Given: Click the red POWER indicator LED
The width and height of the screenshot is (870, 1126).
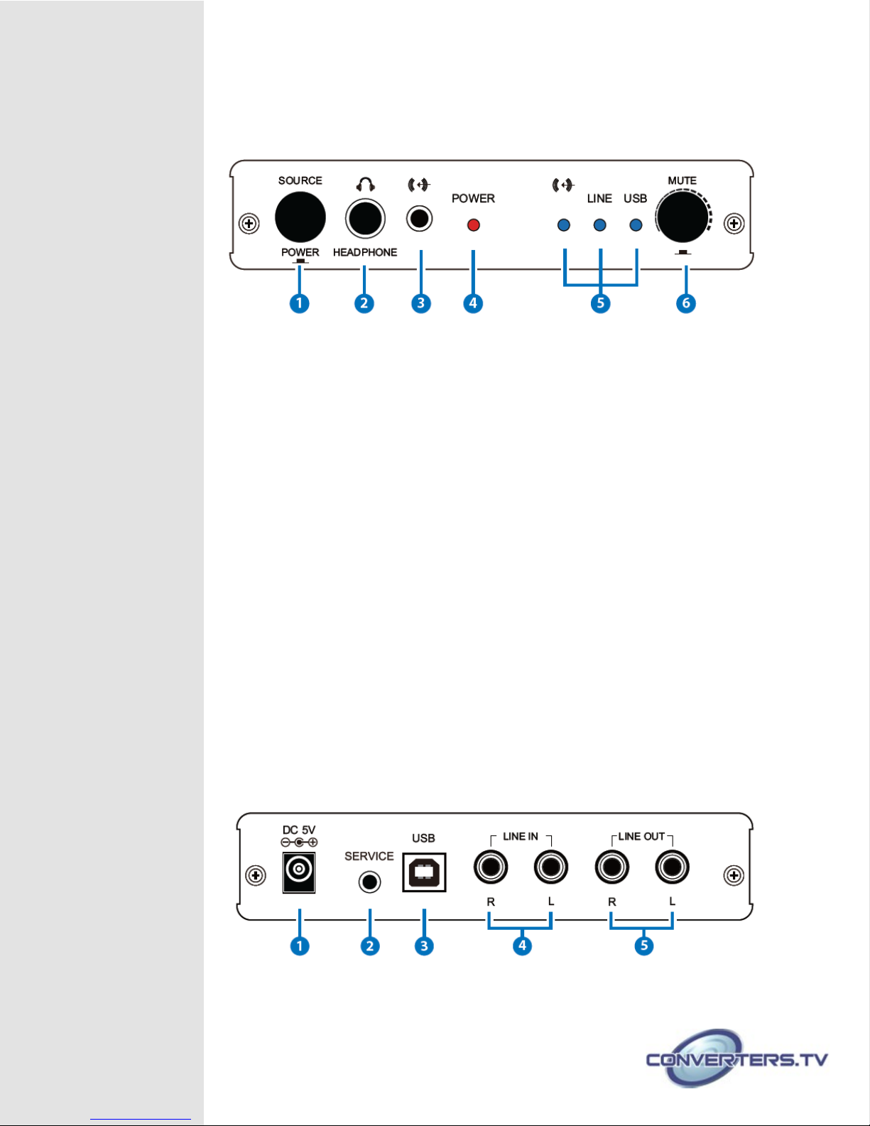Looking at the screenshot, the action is [473, 225].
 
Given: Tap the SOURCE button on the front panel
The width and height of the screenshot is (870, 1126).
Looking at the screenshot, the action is [300, 217].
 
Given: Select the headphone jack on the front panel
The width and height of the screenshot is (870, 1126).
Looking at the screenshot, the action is [365, 219].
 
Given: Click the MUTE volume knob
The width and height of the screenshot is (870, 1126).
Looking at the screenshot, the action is [682, 217].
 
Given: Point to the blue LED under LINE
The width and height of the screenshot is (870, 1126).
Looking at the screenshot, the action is [599, 225].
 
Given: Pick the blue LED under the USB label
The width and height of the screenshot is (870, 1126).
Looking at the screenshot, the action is [636, 225].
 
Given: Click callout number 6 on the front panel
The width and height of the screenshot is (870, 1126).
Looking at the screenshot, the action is [686, 303].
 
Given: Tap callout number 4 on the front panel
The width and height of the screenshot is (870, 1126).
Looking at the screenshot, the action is [473, 303].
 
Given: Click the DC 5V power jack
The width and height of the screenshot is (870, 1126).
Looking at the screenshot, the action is [299, 872].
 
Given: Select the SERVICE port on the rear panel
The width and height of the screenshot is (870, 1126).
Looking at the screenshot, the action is [370, 882].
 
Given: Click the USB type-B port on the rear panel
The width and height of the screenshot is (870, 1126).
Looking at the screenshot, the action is [424, 872].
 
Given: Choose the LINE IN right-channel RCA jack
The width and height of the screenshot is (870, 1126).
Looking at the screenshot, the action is [491, 867].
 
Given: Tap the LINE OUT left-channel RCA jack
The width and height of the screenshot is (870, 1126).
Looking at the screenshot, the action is [672, 867].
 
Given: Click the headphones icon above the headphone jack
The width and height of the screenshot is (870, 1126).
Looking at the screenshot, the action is [366, 185].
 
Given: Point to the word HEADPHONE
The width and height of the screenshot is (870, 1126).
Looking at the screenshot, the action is [365, 252].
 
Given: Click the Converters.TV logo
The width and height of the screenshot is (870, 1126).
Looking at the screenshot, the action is [737, 1059].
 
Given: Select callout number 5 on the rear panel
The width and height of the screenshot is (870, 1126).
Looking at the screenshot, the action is [644, 946].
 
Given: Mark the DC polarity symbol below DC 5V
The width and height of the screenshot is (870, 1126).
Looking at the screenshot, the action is [299, 843].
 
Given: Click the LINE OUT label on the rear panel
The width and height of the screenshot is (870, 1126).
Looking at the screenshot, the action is [641, 836].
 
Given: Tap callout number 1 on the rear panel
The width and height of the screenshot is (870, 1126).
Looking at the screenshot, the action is [299, 946].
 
